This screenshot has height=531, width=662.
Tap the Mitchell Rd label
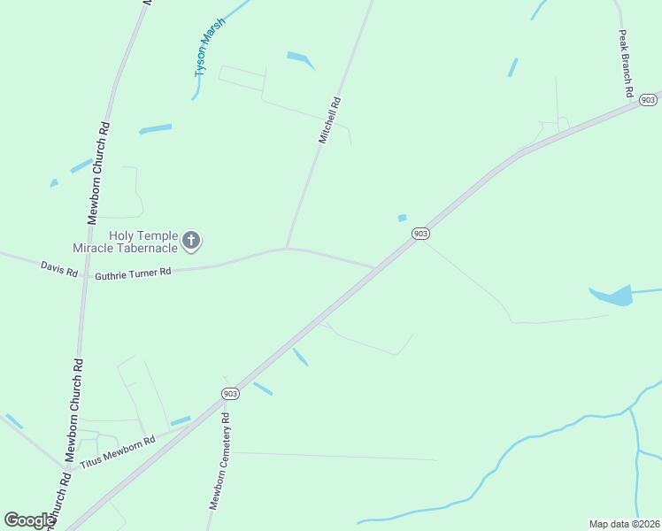click(x=329, y=121)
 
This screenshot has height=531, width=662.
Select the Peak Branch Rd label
click(x=625, y=63)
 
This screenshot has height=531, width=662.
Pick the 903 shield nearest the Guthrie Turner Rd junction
click(x=420, y=233)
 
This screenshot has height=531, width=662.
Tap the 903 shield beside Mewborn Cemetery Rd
click(x=230, y=393)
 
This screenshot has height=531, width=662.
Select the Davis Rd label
click(x=58, y=269)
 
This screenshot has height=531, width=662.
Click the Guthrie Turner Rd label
click(x=133, y=273)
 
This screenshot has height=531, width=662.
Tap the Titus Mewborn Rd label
click(x=117, y=452)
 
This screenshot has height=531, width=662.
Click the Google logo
click(x=28, y=520)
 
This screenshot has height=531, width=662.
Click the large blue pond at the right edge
click(x=615, y=296)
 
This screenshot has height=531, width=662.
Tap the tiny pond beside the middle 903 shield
click(x=402, y=218)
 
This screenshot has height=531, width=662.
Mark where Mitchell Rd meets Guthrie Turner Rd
click(x=286, y=249)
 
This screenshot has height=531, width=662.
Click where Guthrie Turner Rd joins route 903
click(x=374, y=267)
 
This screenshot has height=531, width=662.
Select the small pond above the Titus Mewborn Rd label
click(x=180, y=421)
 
